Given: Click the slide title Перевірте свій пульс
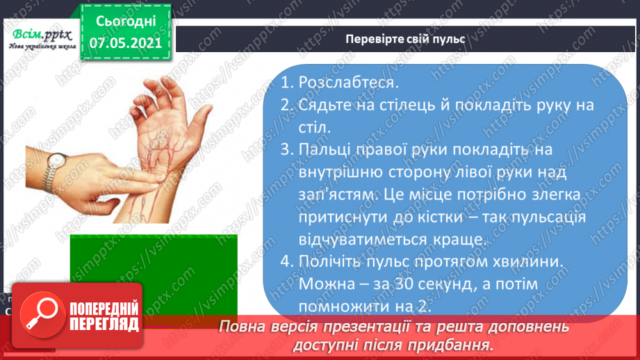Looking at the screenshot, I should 405,39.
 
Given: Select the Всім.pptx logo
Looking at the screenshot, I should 40,35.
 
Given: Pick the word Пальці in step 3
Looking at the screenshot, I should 326,151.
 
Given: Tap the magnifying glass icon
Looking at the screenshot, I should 41,315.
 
